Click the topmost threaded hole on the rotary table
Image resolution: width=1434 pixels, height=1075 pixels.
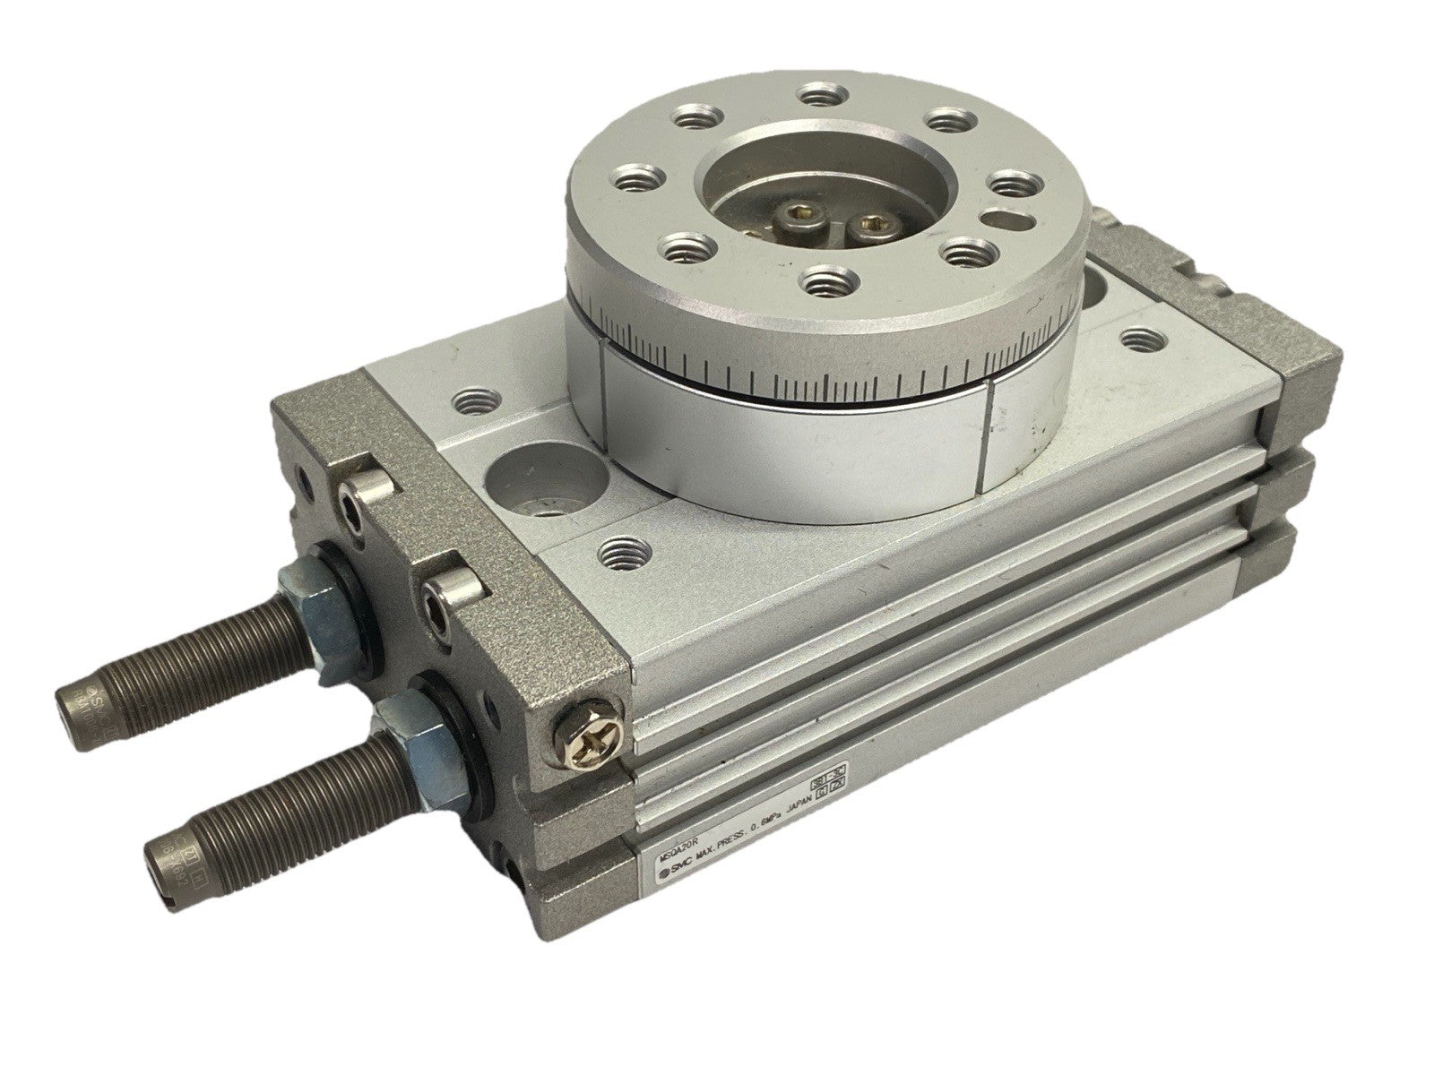click(816, 93)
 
